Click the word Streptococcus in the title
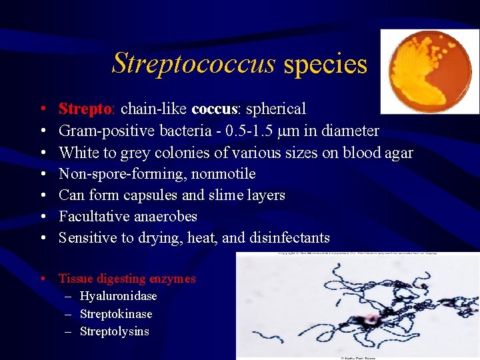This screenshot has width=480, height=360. tap(193, 63)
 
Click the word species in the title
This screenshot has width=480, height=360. tap(325, 64)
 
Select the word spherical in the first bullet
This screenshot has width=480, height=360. tap(276, 109)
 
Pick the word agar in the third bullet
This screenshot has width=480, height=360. tap(399, 153)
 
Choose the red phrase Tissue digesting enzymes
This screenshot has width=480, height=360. tap(127, 279)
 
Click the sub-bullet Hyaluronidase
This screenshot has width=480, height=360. tap(118, 296)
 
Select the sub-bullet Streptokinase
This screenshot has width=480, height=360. tap(116, 314)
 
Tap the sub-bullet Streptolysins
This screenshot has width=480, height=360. tap(114, 331)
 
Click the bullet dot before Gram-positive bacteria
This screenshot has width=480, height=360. tap(42, 131)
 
